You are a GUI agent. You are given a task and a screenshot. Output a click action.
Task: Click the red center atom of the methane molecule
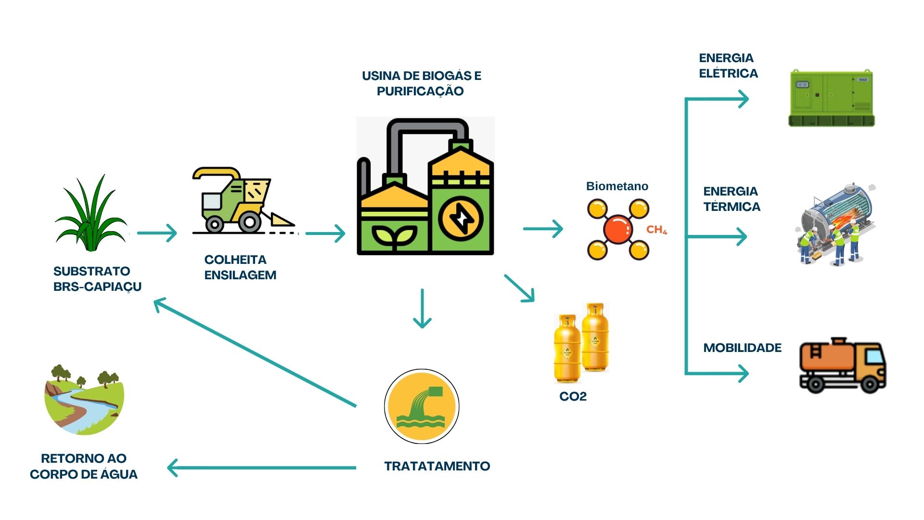pos(617,230)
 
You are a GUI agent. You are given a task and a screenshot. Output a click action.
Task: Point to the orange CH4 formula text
pos(656,230)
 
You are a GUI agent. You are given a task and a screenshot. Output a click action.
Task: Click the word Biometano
pos(617,186)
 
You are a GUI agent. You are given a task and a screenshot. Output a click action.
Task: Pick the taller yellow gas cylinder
pos(595,337)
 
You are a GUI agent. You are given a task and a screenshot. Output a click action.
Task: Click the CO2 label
pos(573,397)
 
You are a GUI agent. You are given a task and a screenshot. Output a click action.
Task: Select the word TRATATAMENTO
pos(437,466)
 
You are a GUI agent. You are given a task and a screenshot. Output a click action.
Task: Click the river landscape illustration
pos(84,401)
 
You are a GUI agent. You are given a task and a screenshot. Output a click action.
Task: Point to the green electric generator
pos(831,99)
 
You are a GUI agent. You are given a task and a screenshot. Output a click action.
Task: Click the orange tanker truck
pos(842,366)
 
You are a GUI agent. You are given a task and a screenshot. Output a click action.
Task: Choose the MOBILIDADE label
pos(742,348)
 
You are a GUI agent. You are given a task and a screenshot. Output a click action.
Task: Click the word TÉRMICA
pos(731,207)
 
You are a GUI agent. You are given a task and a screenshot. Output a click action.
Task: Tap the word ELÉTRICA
pos(728,74)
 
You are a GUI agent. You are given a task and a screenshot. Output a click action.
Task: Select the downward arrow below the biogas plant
pos(422,309)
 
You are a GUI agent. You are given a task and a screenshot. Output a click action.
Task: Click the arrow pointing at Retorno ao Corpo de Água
pos(262,468)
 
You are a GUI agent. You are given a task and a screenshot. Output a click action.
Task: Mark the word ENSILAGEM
pos(240,275)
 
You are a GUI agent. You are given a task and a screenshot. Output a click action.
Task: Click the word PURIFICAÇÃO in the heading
pos(420,91)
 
